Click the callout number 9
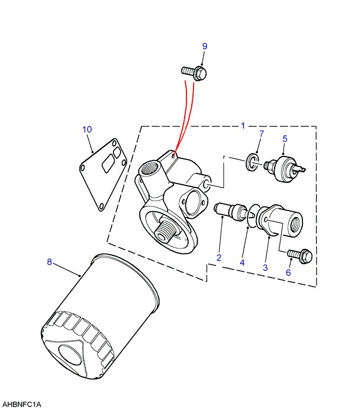205,46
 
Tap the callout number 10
87,129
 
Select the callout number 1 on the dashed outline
243,125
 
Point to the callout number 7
261,134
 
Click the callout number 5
285,139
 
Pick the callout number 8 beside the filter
49,262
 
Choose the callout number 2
219,258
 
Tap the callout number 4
242,262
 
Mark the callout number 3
265,267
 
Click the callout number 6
288,272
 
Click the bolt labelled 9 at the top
194,72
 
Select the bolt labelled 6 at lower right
300,255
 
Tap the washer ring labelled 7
252,162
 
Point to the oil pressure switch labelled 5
285,169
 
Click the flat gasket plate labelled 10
103,174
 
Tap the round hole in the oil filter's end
70,355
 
